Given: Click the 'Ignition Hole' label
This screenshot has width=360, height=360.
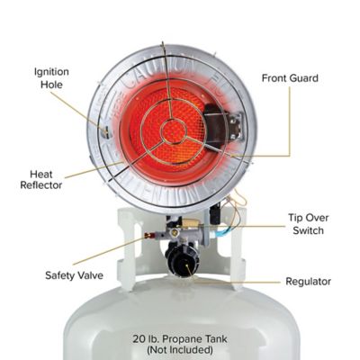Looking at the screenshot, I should click(x=51, y=78).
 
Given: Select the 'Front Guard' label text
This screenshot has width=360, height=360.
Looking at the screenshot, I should click(x=291, y=78).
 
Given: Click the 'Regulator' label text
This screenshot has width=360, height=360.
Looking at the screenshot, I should click(x=308, y=282).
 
